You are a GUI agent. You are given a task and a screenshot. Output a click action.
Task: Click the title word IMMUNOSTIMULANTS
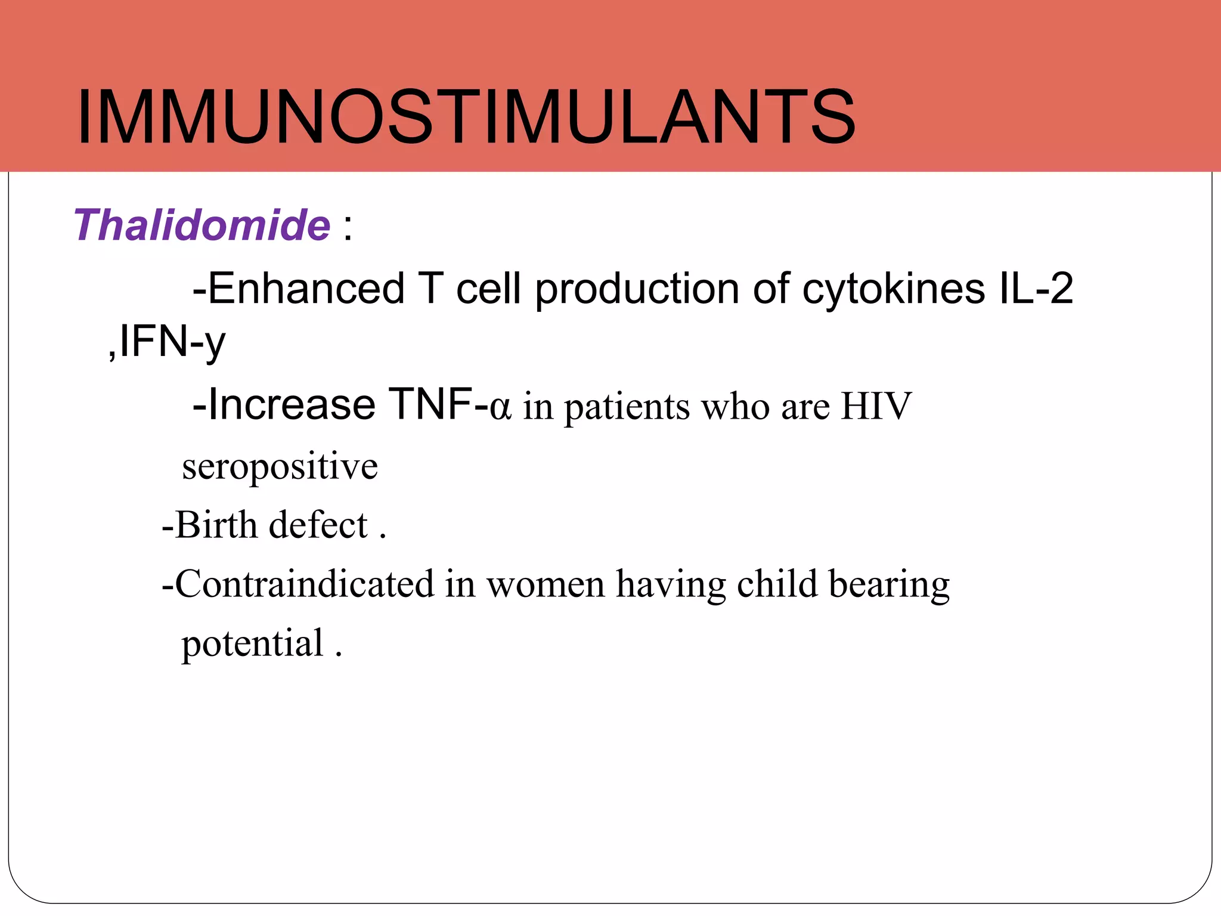coord(466,116)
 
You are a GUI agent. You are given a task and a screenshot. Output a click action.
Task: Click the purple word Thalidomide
coord(202,225)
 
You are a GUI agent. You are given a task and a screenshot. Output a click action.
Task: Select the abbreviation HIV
coord(876,406)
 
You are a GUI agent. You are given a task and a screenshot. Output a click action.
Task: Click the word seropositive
coord(280,466)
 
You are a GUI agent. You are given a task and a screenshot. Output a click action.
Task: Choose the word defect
coord(318,525)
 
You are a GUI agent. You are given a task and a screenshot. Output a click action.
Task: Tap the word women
coord(546,585)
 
